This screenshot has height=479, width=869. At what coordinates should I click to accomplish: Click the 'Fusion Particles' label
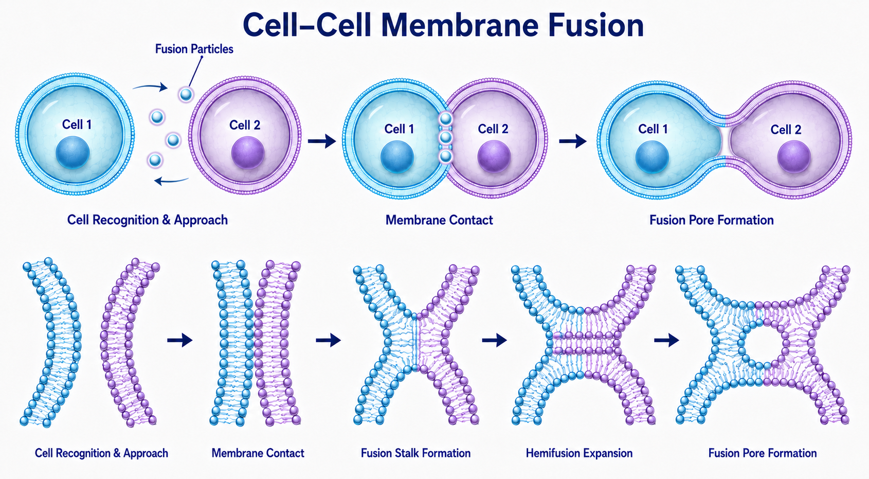pyautogui.click(x=194, y=49)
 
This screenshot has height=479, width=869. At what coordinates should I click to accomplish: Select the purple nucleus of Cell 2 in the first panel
pyautogui.click(x=248, y=153)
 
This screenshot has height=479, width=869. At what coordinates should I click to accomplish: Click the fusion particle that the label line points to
pyautogui.click(x=186, y=94)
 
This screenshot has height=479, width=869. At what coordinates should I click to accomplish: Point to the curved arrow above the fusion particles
pyautogui.click(x=150, y=86)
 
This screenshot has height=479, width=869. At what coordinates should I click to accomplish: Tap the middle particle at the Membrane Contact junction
pyautogui.click(x=446, y=137)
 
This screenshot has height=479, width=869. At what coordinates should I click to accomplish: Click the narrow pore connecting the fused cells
pyautogui.click(x=725, y=141)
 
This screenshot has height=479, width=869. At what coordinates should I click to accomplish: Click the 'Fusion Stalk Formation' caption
pyautogui.click(x=415, y=453)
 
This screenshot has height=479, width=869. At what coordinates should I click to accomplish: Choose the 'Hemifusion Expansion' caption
pyautogui.click(x=579, y=453)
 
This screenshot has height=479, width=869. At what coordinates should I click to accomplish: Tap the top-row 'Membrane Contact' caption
pyautogui.click(x=439, y=220)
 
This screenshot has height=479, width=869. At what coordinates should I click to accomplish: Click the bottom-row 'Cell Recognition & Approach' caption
pyautogui.click(x=102, y=453)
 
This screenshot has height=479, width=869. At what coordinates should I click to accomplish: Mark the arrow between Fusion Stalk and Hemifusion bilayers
pyautogui.click(x=494, y=341)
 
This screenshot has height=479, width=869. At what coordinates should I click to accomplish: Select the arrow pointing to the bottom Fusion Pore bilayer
pyautogui.click(x=666, y=341)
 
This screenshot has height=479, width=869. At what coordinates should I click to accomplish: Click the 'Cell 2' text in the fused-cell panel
pyautogui.click(x=786, y=129)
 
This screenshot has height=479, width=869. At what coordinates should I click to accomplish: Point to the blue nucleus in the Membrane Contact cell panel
pyautogui.click(x=397, y=157)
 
